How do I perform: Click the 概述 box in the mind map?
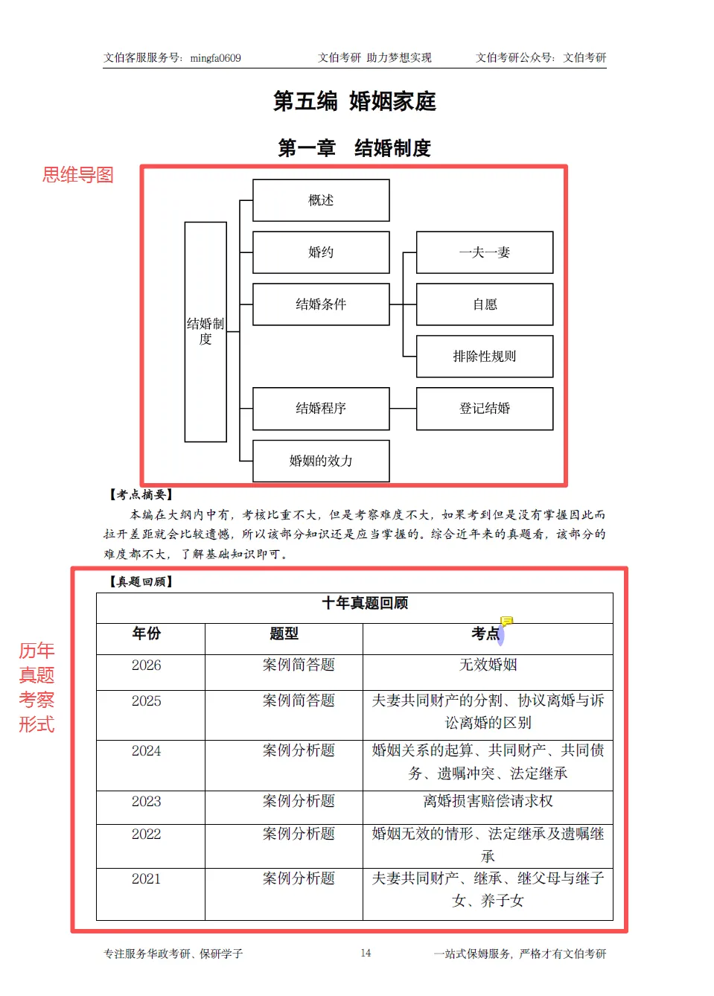point(321,200)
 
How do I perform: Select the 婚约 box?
point(321,252)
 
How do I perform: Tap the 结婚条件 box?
point(321,304)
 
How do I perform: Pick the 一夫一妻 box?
point(485,252)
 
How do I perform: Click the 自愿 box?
point(485,304)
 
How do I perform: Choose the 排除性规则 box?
point(485,357)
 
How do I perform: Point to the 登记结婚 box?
point(485,409)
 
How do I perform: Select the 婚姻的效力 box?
point(321,461)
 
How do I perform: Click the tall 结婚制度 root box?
point(205,332)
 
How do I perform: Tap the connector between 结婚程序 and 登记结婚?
point(403,409)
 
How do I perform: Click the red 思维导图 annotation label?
point(78,175)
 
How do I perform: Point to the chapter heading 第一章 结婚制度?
point(354,148)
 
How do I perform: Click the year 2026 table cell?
point(147,665)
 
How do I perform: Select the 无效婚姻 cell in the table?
point(488,665)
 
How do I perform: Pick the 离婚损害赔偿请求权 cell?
point(488,801)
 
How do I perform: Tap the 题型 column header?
point(284,633)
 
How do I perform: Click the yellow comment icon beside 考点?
point(507,621)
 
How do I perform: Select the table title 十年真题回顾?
point(365,603)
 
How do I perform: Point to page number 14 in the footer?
point(366,953)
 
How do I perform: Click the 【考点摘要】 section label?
point(141,494)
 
